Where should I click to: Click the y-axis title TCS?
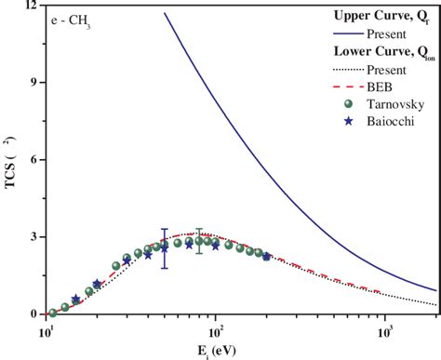pyautogui.click(x=12, y=162)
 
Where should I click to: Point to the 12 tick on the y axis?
pyautogui.click(x=33, y=7)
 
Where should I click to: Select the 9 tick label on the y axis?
pyautogui.click(x=33, y=83)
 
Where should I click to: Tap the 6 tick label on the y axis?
pyautogui.click(x=33, y=160)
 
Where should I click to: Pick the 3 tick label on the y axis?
pyautogui.click(x=33, y=237)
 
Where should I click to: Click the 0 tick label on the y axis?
pyautogui.click(x=33, y=314)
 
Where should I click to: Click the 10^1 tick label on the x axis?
pyautogui.click(x=47, y=329)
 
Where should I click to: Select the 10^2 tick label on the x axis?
pyautogui.click(x=216, y=329)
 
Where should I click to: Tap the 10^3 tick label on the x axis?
pyautogui.click(x=384, y=329)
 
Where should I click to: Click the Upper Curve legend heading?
pyautogui.click(x=377, y=16)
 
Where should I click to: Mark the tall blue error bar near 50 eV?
pyautogui.click(x=165, y=248)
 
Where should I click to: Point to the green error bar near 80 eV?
pyautogui.click(x=198, y=241)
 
